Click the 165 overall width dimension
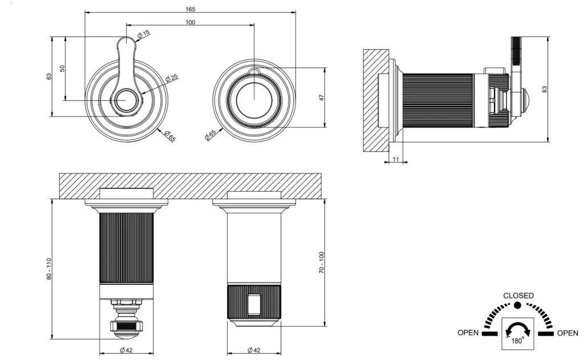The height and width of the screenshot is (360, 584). (x=190, y=9)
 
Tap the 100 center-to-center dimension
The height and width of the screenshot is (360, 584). (x=190, y=22)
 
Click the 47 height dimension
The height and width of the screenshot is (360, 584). (x=322, y=98)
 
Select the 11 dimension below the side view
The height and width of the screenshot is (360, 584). (x=396, y=160)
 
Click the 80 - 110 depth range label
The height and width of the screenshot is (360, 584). (x=49, y=268)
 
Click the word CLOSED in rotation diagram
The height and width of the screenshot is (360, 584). (x=518, y=296)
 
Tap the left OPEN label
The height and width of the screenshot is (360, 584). (x=468, y=333)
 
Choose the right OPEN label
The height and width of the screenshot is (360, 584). (x=567, y=333)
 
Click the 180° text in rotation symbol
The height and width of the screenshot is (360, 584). (x=518, y=341)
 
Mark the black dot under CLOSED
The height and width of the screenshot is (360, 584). (x=518, y=306)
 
